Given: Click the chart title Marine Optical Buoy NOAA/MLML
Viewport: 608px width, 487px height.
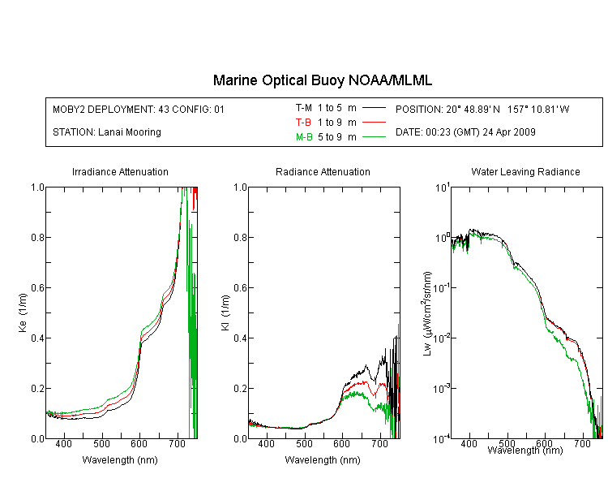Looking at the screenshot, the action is pos(322,80).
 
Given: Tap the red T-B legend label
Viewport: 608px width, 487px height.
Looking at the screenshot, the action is pos(303,123).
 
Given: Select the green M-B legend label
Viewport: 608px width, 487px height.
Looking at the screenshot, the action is pos(304,137).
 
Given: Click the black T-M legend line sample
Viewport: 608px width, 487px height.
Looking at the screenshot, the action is pos(374,108).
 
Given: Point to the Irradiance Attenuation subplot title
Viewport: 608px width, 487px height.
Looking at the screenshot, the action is pos(120,171).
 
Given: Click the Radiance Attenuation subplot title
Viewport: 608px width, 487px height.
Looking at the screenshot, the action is pos(323,171).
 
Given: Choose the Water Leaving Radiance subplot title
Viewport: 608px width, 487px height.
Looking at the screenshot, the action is pos(525,171).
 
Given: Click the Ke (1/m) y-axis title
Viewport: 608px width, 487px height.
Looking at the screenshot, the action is pos(23,312).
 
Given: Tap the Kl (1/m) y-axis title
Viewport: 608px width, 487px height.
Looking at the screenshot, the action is pos(225,312).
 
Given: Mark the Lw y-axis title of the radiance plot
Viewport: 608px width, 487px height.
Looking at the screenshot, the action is pos(427,313).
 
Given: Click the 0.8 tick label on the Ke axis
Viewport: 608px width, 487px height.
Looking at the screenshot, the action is pos(37,237).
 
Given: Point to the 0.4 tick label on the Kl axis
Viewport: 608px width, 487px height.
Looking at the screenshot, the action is pos(240,338).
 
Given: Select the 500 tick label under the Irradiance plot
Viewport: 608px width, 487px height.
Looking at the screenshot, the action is pos(101,443).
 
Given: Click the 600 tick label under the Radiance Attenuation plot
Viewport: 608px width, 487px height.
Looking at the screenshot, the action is pos(341,443).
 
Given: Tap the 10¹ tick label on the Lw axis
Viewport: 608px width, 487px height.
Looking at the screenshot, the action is pos(443,187).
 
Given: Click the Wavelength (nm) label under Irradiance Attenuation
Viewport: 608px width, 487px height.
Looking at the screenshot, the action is pos(120,460).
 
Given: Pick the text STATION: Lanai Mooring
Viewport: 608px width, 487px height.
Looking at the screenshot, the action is pos(107,132).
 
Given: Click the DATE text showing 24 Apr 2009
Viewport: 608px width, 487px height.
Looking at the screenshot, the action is pos(465,132).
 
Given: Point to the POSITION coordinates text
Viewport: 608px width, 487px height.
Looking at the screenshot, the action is pos(482,109).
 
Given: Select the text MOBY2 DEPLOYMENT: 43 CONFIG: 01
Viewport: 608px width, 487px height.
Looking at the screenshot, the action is pos(139,109).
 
